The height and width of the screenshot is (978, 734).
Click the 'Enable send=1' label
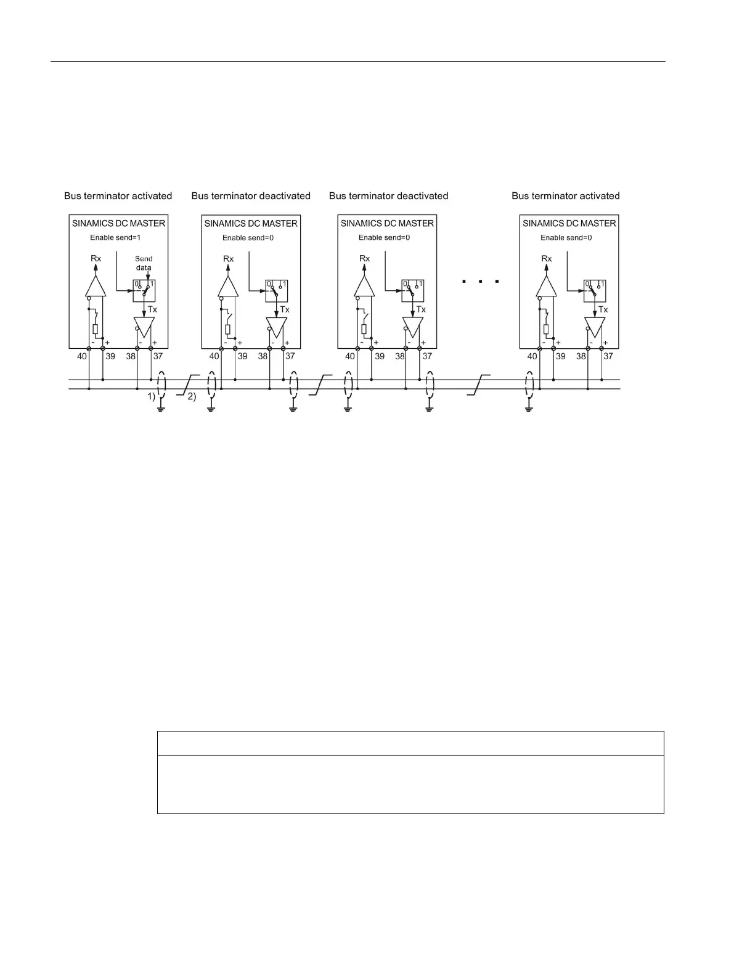click(116, 237)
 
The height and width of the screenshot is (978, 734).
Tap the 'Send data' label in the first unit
click(144, 263)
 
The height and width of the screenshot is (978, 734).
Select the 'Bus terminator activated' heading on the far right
click(565, 196)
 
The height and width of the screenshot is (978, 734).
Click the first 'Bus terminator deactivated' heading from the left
click(251, 196)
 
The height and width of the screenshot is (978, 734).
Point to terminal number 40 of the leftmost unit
click(82, 356)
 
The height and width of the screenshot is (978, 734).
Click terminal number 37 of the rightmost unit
click(608, 356)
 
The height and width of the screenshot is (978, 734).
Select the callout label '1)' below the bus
click(151, 397)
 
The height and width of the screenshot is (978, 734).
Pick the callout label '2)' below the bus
click(191, 397)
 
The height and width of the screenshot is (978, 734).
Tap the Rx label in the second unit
click(229, 259)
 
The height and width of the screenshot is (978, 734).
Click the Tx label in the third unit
click(421, 309)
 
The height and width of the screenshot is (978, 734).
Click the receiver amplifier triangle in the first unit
click(95, 287)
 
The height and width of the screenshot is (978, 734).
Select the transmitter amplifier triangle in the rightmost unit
click(595, 325)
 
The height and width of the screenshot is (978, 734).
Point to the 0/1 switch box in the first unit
click(144, 290)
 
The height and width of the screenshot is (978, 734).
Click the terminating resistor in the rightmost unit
click(546, 329)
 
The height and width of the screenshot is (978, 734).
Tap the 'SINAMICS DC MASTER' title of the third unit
click(387, 223)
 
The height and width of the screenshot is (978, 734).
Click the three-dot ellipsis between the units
click(479, 282)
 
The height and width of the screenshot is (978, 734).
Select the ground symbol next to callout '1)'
click(161, 406)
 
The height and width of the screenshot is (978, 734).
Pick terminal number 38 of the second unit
click(263, 356)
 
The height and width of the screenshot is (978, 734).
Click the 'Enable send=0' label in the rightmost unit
click(566, 237)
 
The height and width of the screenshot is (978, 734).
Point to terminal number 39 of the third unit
click(380, 356)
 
